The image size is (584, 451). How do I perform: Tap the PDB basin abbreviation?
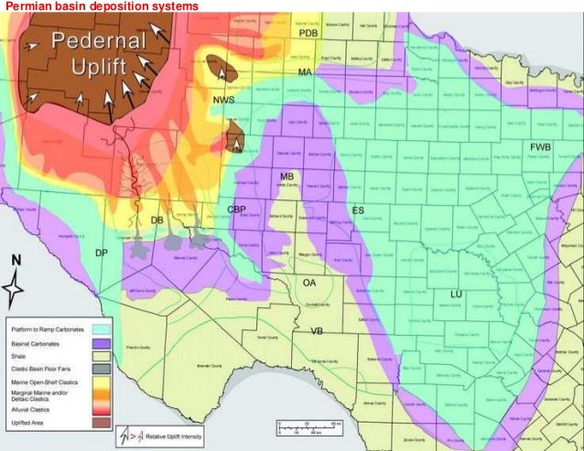307,34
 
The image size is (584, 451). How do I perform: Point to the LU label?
455,294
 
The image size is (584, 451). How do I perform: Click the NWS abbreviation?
222,99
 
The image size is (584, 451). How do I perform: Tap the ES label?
358,211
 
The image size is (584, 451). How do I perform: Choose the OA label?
309,283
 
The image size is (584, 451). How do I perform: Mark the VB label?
317,330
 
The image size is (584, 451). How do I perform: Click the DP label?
102,252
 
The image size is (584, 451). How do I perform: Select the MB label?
287,176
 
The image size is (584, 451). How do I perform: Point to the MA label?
304,71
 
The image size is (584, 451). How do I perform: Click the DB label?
157,220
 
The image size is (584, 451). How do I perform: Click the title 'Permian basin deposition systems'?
101,6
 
